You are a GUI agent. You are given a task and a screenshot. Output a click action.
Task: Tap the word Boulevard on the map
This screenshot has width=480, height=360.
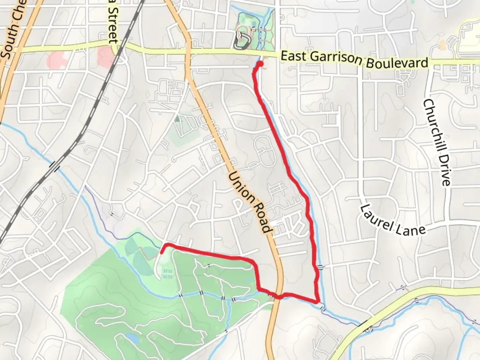coord(397,63)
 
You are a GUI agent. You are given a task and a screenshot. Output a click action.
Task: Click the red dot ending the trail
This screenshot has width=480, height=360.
coord(260,63)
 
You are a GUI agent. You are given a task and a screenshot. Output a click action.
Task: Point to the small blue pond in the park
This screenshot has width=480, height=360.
coord(133,339)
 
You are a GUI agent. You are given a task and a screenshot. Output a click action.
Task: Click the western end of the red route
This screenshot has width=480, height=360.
coord(162,252)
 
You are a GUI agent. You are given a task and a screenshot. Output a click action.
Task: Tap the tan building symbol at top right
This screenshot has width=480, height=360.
coord(443,44)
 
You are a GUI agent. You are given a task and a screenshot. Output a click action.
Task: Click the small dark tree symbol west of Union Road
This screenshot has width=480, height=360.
coord(177,118)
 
